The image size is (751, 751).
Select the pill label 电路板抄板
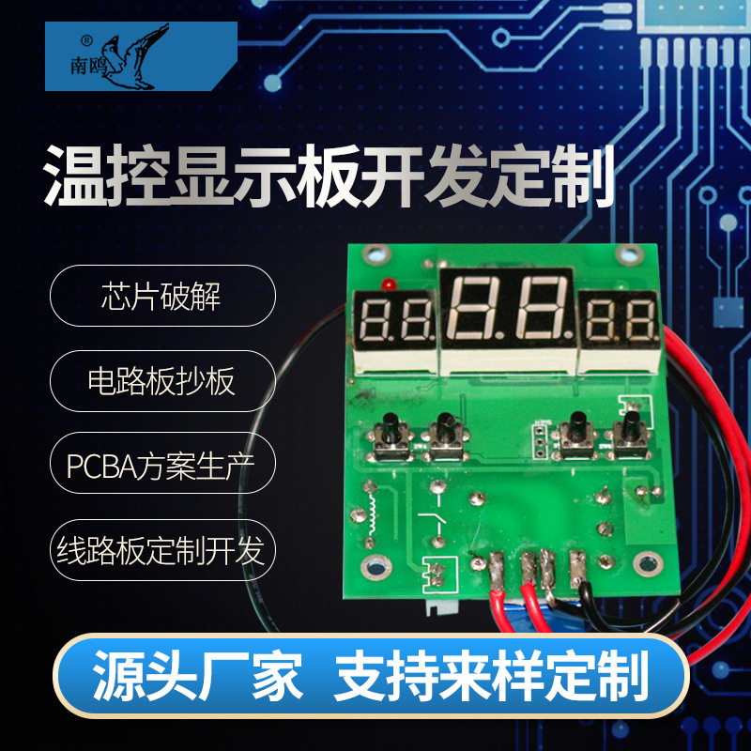pyautogui.click(x=161, y=380)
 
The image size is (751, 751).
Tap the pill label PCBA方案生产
pyautogui.click(x=161, y=465)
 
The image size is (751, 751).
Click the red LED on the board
pyautogui.click(x=386, y=283)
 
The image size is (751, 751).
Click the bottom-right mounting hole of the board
pyautogui.click(x=645, y=564)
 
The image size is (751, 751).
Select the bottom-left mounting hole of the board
pyautogui.click(x=376, y=566)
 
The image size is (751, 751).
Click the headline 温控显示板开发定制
pyautogui.click(x=330, y=176)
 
